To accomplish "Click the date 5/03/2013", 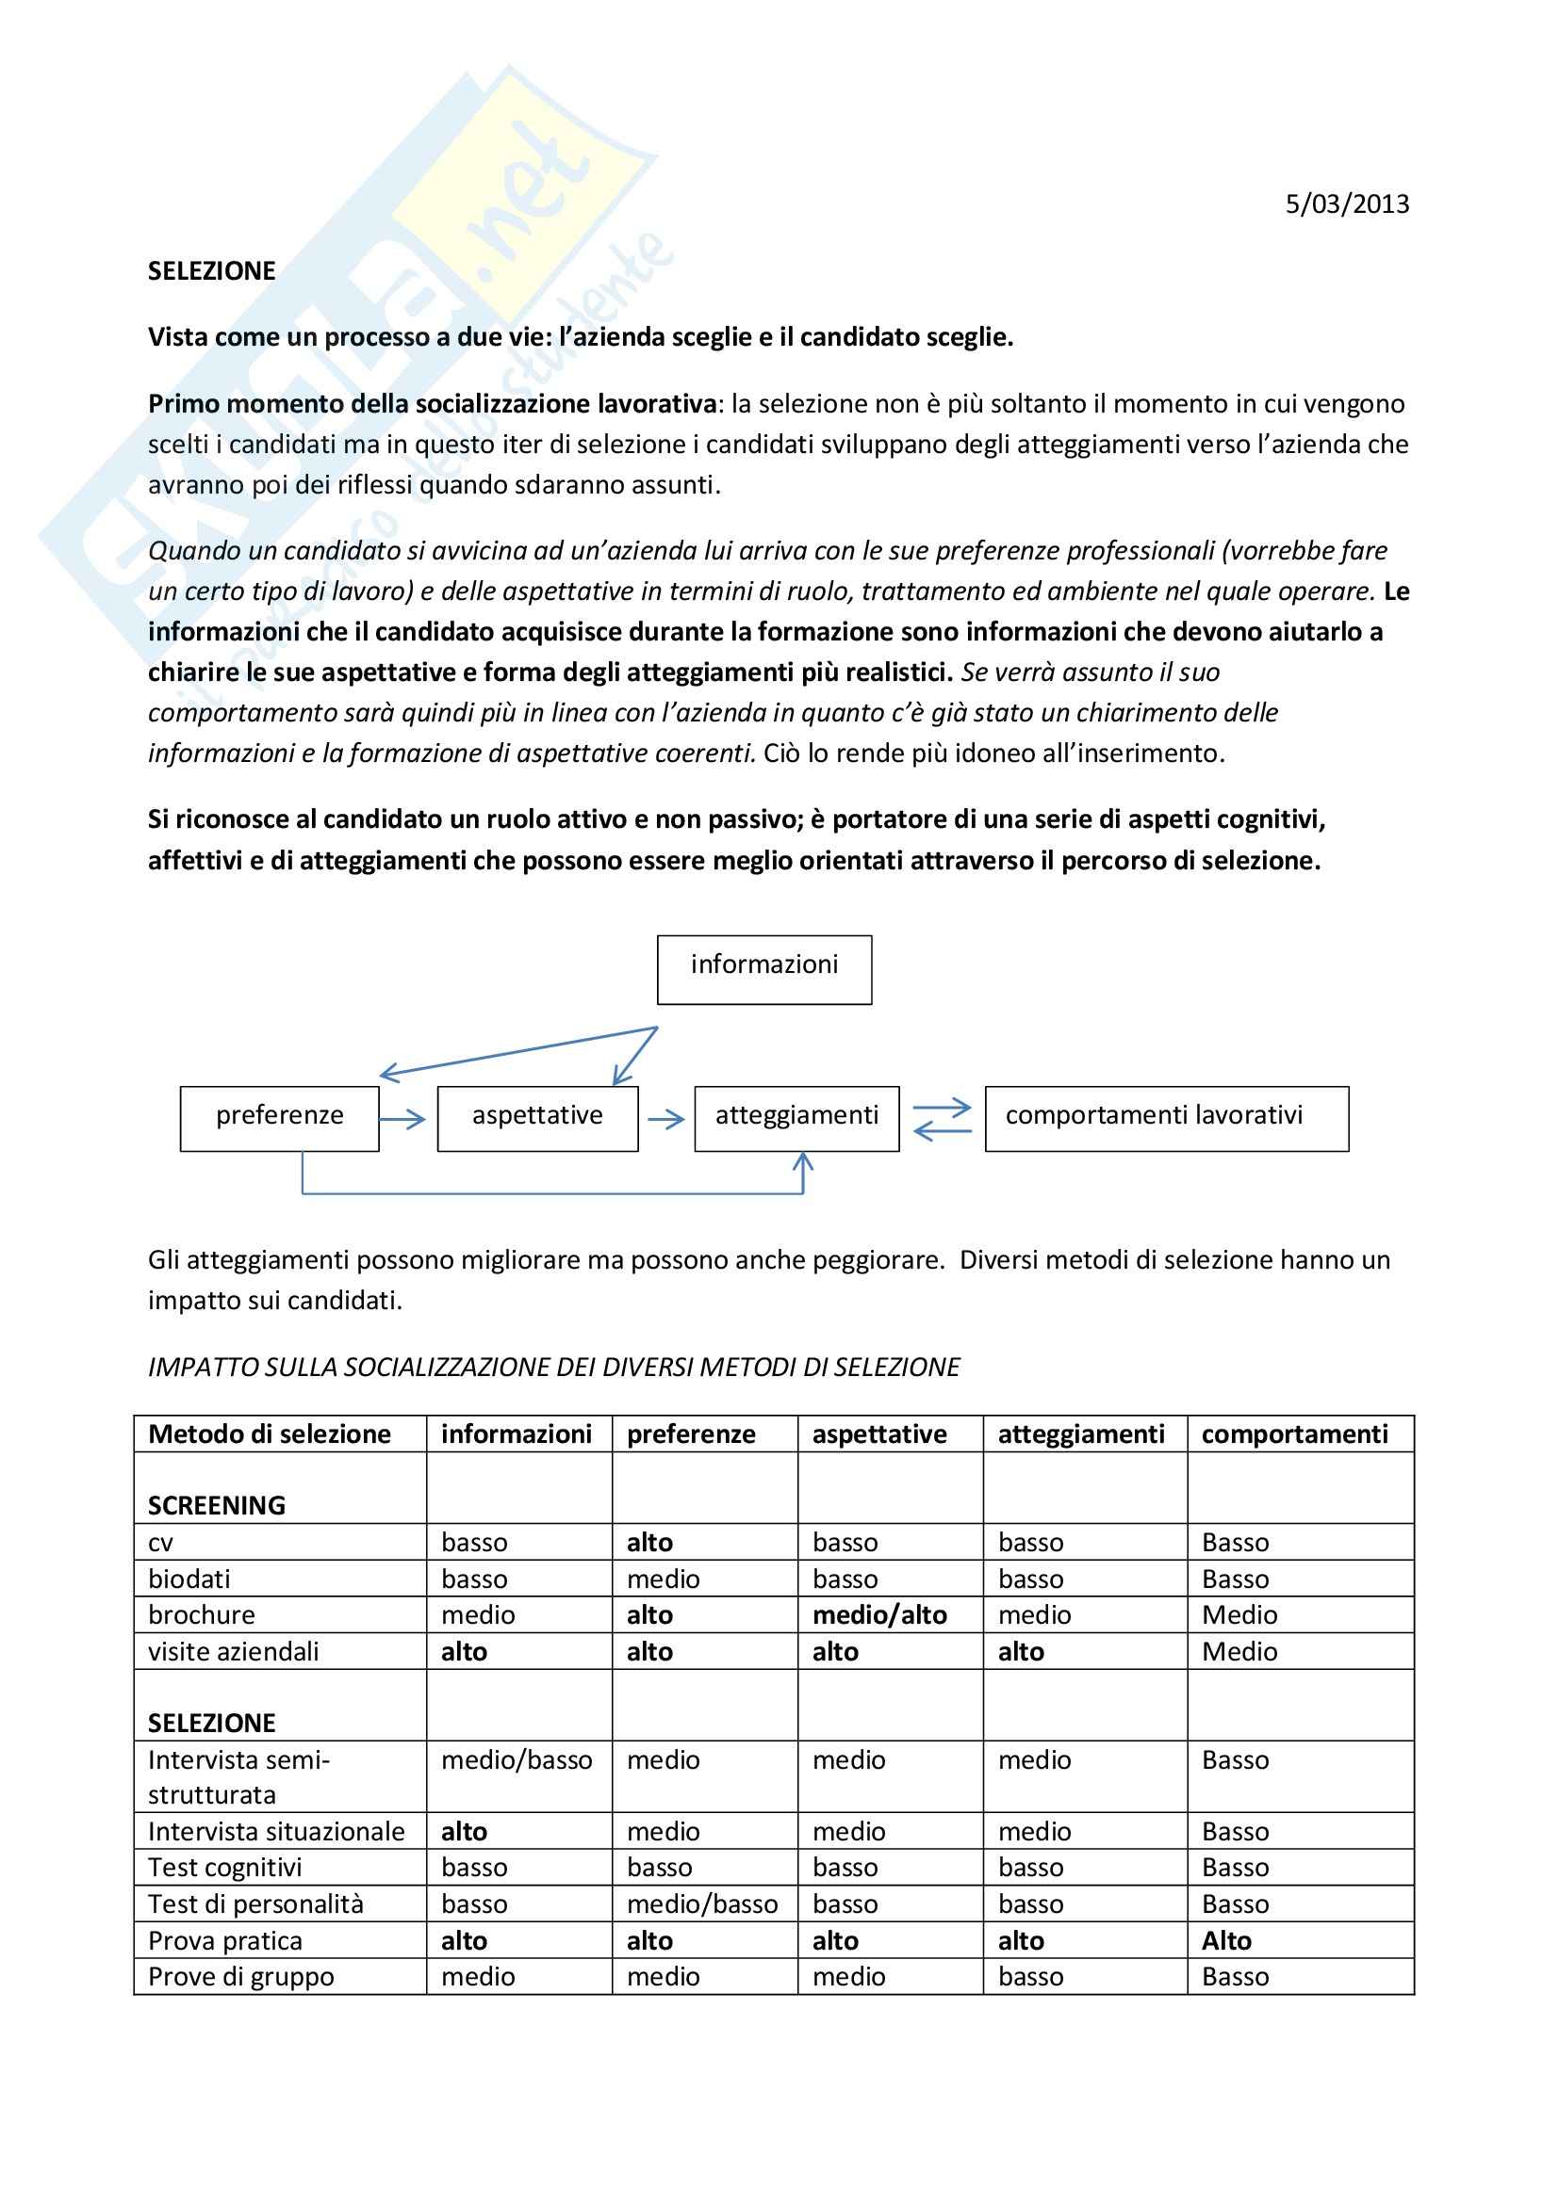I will (x=1347, y=204).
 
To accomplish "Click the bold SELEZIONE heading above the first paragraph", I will (x=211, y=270).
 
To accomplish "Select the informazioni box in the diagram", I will (x=764, y=969).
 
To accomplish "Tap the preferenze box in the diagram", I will (x=279, y=1118).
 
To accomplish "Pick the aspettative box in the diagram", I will (x=537, y=1118).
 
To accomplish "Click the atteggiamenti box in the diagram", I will (x=796, y=1118).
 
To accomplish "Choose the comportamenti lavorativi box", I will (x=1166, y=1118).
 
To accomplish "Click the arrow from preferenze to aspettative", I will (x=403, y=1119).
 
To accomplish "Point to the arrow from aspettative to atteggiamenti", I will (x=666, y=1119).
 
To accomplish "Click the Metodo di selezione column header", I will (x=270, y=1434).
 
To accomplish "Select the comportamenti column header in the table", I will (x=1294, y=1434).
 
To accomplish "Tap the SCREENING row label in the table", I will (x=217, y=1505).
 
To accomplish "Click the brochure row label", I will (x=202, y=1615).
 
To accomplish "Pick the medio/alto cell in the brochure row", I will (x=879, y=1615).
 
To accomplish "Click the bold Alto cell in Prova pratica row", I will (x=1227, y=1941).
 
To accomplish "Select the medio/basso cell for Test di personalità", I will (x=702, y=1904).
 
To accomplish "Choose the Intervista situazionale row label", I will (x=276, y=1832).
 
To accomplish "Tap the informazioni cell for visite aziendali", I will (x=465, y=1651).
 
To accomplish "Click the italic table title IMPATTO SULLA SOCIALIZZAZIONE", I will (x=554, y=1368).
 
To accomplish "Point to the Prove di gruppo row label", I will (x=241, y=1978).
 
